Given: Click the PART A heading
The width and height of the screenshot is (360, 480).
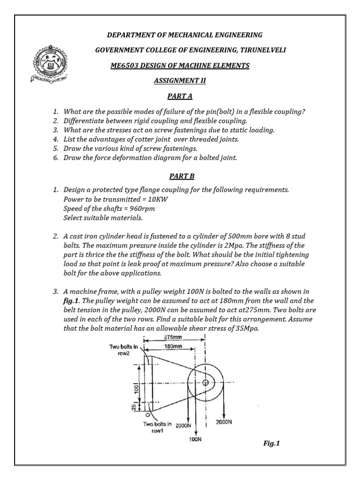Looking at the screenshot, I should pos(180,97).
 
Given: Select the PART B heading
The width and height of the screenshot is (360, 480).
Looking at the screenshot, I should pos(180,176).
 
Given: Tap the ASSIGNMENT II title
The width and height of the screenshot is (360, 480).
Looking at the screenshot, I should pos(180,81).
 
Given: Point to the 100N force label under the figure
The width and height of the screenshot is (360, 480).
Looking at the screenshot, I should pos(195,439).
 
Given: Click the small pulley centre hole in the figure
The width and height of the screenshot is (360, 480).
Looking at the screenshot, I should pos(205,383).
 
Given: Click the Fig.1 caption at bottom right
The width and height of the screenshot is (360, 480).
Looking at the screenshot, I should pos(271,442).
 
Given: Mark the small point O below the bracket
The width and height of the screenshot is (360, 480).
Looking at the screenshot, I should pos(147,415).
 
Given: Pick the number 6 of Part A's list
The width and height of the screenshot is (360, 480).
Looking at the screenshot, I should pos(55,157).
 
